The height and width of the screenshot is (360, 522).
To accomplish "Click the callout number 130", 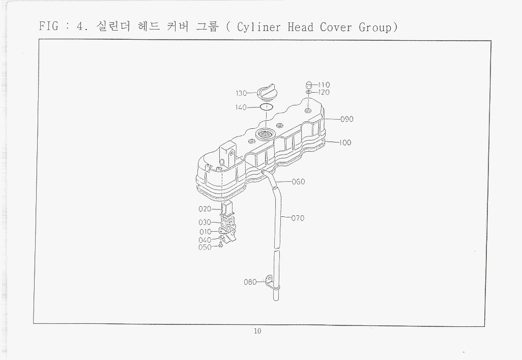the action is coord(241,93).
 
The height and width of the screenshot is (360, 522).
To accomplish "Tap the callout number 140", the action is coord(241,107).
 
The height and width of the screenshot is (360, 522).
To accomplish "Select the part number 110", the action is coord(324,85).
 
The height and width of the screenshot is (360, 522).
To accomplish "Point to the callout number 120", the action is coord(324,92).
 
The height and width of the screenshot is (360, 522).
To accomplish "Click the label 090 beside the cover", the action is coord(347,119).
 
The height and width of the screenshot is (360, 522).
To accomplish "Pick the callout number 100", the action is coord(345,143).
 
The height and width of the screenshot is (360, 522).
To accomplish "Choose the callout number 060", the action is coord(298,182).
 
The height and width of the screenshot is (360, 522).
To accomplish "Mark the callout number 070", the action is coord(298,218).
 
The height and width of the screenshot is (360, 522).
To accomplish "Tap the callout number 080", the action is coord(250,282).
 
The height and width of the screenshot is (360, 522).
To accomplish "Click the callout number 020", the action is coord(205,209).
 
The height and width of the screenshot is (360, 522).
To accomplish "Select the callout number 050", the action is coord(205,247).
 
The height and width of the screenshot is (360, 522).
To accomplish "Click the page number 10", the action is coord(257,331).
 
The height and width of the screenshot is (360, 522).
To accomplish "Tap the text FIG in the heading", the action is coord(49,26).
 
